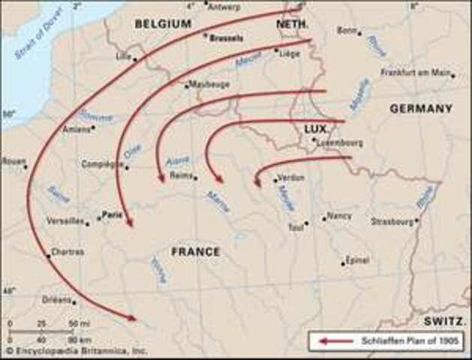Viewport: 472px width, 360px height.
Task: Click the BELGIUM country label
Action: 163,24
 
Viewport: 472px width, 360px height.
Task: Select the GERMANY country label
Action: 421,109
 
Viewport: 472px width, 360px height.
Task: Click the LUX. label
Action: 316,129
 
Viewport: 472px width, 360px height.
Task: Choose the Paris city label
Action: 113,213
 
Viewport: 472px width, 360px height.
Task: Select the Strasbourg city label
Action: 392,221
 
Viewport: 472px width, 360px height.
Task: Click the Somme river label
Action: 96,116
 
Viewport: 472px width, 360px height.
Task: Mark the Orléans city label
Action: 57,298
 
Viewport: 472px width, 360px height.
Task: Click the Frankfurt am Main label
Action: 416,73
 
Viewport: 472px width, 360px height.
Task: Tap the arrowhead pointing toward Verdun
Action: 257,181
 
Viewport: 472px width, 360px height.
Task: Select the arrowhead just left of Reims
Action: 161,178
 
